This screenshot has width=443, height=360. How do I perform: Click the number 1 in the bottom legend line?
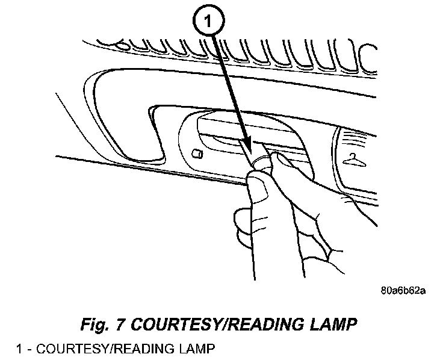pyautogui.click(x=19, y=349)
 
